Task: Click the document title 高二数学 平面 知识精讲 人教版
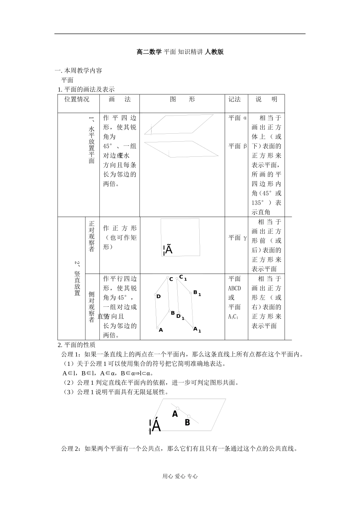pos(180,52)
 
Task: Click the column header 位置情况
pos(77,99)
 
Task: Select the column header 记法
pos(235,99)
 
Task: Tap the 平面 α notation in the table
pos(238,118)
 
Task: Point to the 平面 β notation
pos(238,146)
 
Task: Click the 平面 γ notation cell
pos(238,238)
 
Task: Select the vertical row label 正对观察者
pos(92,236)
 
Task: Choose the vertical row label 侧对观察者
pos(92,307)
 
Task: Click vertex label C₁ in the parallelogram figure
pos(183,278)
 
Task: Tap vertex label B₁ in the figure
pos(197,293)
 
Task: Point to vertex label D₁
pos(180,317)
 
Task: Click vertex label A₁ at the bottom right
pos(197,329)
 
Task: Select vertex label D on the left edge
pos(159,296)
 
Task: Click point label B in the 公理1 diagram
pos(187,422)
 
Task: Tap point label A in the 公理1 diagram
pos(175,414)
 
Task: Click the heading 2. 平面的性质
pos(77,345)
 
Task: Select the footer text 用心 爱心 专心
pos(180,476)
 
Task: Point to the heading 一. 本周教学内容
pos(78,70)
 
